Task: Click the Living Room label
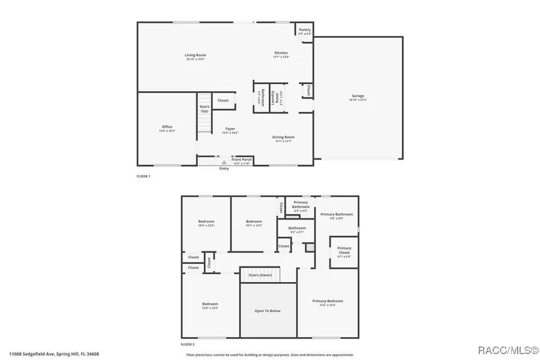click(196, 55)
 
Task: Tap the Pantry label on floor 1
click(305, 29)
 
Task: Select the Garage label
click(358, 96)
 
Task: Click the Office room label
click(167, 127)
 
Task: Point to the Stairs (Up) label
click(205, 109)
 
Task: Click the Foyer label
click(230, 128)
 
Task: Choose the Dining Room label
click(284, 137)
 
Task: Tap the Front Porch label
click(242, 159)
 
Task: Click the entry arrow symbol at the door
click(224, 162)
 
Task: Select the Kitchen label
click(281, 53)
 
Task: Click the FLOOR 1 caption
click(143, 176)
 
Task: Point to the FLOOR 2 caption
click(188, 344)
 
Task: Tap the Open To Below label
click(268, 311)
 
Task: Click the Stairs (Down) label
click(260, 275)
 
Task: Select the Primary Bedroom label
click(328, 301)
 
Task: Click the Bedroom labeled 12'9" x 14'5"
click(210, 304)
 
